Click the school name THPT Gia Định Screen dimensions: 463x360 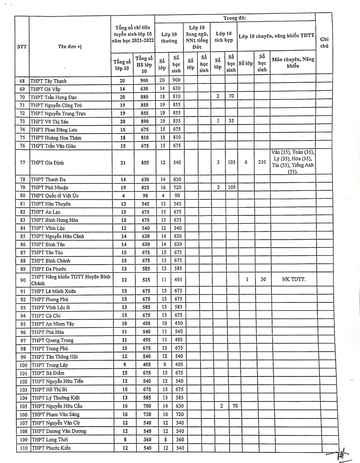click(x=47, y=163)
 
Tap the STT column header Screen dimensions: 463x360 click(x=22, y=46)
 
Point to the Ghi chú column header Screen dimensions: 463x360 click(x=324, y=43)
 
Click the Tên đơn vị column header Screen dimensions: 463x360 click(x=69, y=46)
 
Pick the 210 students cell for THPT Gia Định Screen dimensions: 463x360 click(x=262, y=162)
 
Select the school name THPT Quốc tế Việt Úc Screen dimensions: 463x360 click(x=54, y=196)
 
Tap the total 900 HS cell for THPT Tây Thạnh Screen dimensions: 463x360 click(x=144, y=80)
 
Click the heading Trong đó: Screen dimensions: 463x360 click(x=234, y=18)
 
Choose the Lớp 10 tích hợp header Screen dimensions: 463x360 click(x=224, y=37)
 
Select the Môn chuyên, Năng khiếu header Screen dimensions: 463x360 click(x=293, y=63)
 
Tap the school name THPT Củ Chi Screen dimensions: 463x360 click(x=46, y=316)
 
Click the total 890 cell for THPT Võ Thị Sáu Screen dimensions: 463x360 click(x=144, y=121)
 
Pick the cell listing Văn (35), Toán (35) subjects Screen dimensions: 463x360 click(x=293, y=162)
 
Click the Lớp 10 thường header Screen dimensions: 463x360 click(x=169, y=38)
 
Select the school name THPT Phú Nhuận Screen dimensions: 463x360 click(x=49, y=188)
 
